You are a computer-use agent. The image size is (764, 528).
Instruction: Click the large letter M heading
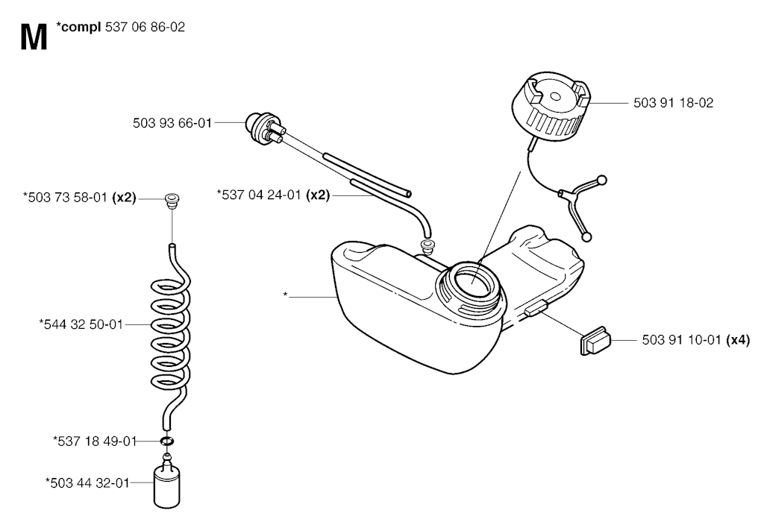pyautogui.click(x=34, y=37)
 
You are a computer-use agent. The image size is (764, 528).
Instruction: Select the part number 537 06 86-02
pyautogui.click(x=145, y=28)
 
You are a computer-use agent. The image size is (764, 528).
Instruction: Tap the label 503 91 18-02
pyautogui.click(x=673, y=103)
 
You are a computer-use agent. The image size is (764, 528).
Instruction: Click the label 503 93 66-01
pyautogui.click(x=172, y=123)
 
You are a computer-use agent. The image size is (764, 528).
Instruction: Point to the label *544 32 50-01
pyautogui.click(x=81, y=324)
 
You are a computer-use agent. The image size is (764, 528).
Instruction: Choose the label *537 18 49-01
pyautogui.click(x=95, y=441)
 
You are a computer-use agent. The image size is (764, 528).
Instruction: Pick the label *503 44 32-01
pyautogui.click(x=88, y=483)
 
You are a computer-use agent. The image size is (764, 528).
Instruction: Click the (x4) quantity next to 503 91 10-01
pyautogui.click(x=738, y=340)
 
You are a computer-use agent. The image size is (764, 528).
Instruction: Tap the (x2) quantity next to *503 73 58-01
pyautogui.click(x=124, y=198)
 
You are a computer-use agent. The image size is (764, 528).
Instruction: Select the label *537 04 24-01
pyautogui.click(x=259, y=195)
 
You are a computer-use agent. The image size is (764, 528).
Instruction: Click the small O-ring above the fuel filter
pyautogui.click(x=166, y=441)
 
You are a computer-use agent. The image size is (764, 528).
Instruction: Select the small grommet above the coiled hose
pyautogui.click(x=172, y=201)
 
